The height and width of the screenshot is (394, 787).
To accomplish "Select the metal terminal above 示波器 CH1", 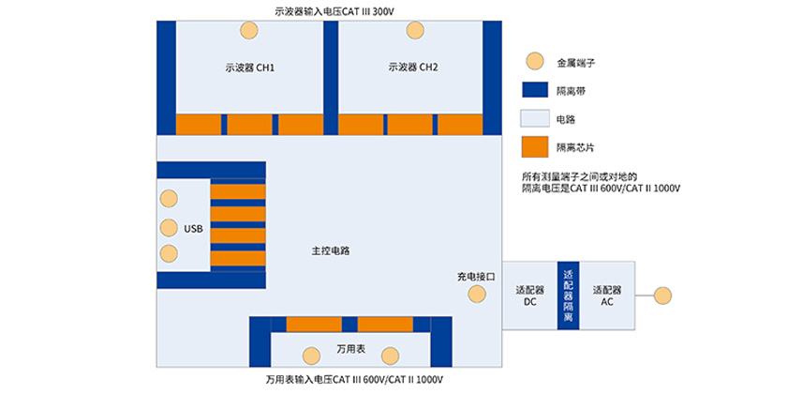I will click(x=249, y=30).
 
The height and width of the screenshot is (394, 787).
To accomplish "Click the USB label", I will click(x=193, y=227).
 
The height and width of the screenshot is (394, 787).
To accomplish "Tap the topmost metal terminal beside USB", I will click(x=169, y=199).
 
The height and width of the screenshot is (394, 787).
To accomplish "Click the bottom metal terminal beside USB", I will click(x=169, y=253).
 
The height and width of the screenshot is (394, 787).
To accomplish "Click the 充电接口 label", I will click(x=474, y=277).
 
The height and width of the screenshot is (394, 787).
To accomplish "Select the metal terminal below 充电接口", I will click(x=478, y=295).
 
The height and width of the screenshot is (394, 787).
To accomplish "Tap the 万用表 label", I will click(x=350, y=349).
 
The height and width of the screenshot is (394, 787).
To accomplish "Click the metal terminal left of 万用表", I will click(x=312, y=355).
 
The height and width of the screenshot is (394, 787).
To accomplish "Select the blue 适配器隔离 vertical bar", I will click(x=568, y=295).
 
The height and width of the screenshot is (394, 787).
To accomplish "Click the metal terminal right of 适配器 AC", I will click(x=663, y=295).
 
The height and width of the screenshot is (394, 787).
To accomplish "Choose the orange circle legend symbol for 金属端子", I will click(x=534, y=62).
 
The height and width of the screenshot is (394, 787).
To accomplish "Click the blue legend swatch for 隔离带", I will click(x=534, y=90).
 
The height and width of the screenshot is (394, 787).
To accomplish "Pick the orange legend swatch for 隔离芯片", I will click(x=534, y=146).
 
